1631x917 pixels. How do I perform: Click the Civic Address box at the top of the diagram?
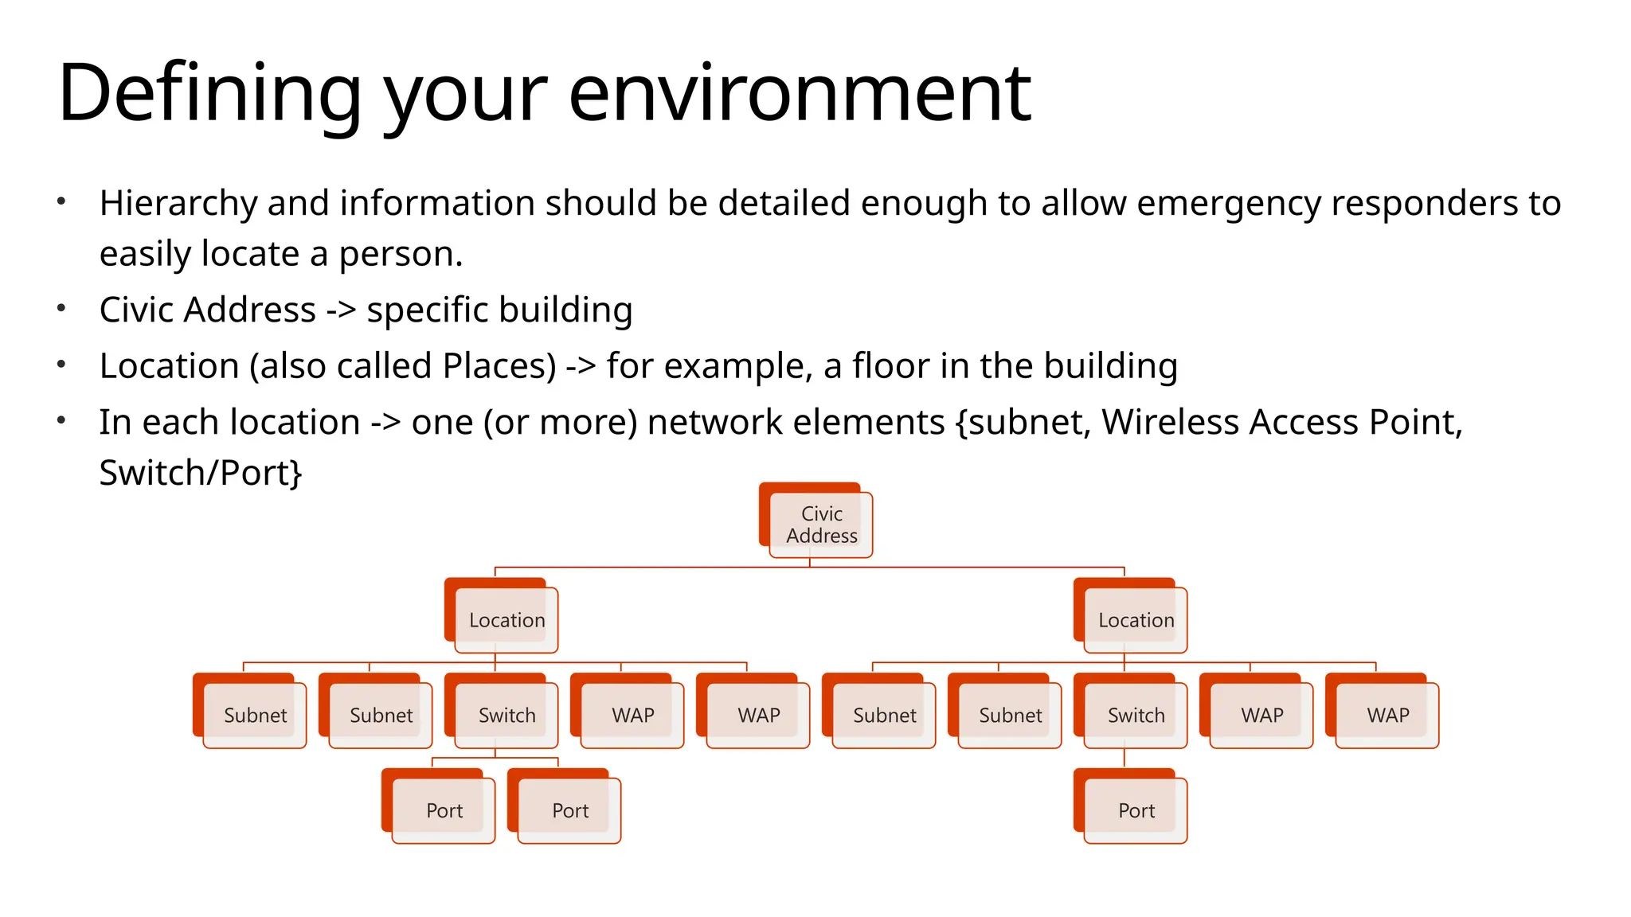coord(820,525)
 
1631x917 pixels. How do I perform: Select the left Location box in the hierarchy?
coord(507,620)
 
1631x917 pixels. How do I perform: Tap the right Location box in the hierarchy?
coord(1136,620)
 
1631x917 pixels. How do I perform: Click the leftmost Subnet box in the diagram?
coord(255,715)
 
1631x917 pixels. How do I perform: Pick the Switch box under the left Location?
coord(507,715)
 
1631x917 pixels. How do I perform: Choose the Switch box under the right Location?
coord(1136,715)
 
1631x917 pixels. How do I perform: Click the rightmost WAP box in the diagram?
coord(1387,715)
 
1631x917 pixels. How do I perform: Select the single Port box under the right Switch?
coord(1136,810)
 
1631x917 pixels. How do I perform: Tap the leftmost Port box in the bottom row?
coord(444,810)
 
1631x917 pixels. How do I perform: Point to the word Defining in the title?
coord(209,94)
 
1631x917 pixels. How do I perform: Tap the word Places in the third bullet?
coord(499,367)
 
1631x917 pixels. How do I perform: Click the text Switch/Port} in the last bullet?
coord(201,473)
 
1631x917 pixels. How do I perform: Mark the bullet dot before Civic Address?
coord(61,309)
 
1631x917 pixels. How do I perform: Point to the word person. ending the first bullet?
coord(401,255)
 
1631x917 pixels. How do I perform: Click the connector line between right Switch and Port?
coord(1124,758)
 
